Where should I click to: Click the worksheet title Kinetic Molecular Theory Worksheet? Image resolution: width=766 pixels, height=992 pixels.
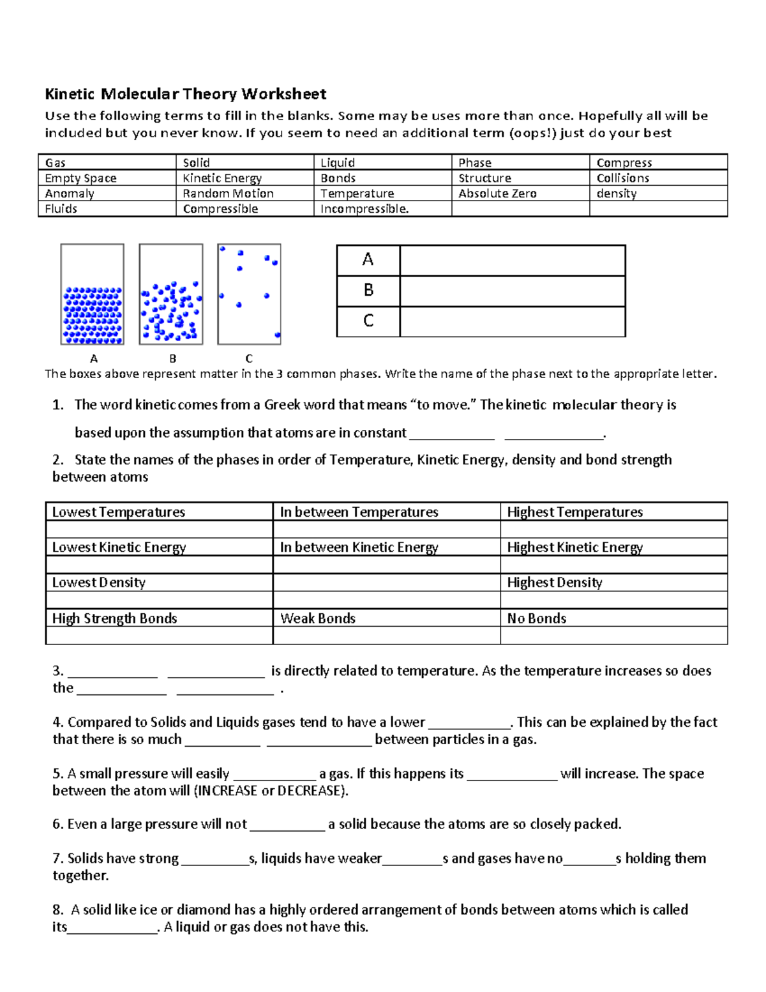(185, 95)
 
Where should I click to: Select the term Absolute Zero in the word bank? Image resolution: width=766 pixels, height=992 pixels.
(497, 194)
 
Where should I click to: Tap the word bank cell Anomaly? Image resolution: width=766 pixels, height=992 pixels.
(70, 194)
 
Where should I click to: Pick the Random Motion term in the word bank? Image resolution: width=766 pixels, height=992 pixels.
(228, 194)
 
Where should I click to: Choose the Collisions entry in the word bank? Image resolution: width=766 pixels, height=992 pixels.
(622, 178)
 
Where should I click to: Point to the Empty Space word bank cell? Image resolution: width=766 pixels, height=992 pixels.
(80, 178)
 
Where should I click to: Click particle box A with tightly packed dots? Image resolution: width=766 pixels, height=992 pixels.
(93, 294)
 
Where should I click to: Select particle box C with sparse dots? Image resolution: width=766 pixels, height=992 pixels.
(249, 294)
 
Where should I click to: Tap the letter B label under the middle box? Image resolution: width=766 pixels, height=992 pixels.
(172, 358)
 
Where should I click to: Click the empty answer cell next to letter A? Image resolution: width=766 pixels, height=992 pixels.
(512, 260)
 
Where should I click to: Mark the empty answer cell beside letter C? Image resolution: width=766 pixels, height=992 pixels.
(512, 321)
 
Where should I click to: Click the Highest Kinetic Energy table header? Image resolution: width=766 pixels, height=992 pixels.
(574, 547)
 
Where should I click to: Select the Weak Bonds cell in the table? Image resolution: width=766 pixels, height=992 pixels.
(318, 618)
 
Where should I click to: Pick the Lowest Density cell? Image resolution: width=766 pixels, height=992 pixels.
(99, 583)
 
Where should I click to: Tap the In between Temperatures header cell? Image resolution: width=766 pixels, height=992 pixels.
(359, 512)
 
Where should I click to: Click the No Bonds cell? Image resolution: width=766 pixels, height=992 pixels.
(536, 618)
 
